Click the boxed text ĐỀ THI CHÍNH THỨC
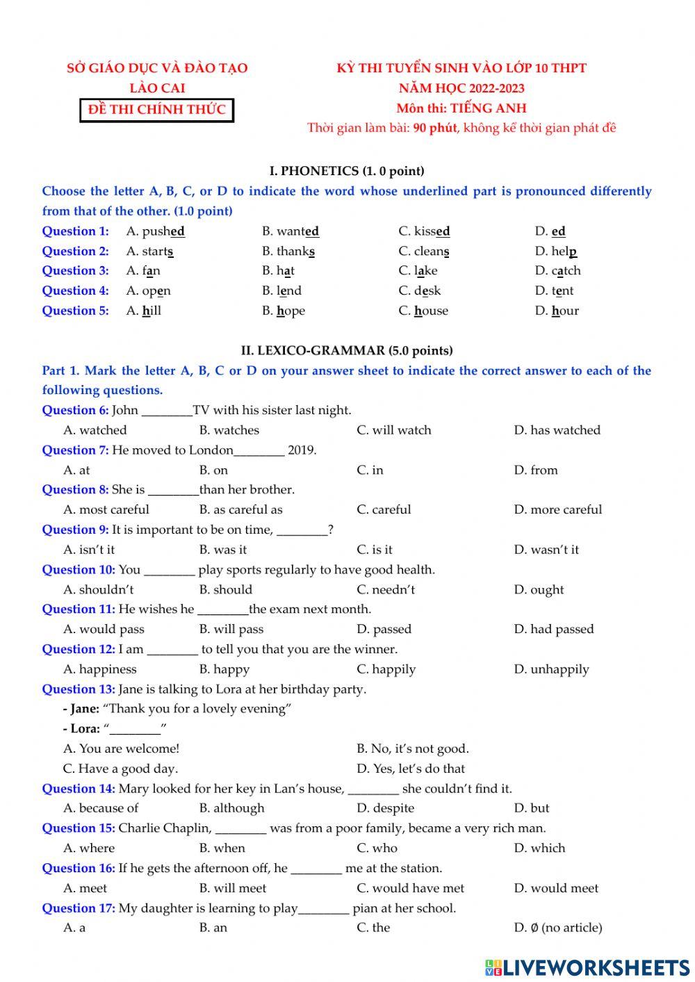click(x=156, y=110)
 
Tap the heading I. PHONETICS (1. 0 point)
click(x=347, y=171)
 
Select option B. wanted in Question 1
click(x=291, y=231)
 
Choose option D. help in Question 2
click(x=556, y=252)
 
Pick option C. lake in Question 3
click(x=418, y=271)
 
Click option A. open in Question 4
click(x=148, y=291)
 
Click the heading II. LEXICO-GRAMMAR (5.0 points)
click(x=347, y=350)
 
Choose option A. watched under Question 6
click(x=95, y=430)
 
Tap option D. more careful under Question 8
click(x=557, y=510)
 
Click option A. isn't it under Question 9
click(x=89, y=550)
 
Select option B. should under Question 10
click(x=225, y=590)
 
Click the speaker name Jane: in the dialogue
click(x=85, y=709)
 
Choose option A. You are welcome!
click(x=121, y=749)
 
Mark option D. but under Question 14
click(x=532, y=808)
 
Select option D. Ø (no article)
click(x=557, y=928)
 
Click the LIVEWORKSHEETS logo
click(x=587, y=967)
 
